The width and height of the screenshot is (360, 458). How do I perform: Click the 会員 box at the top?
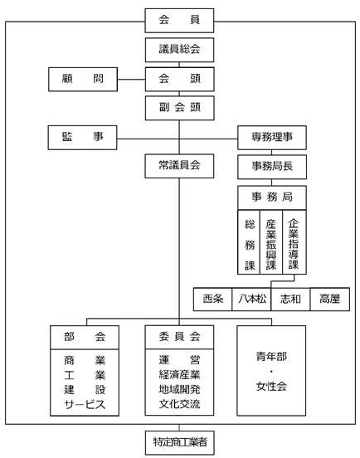179,21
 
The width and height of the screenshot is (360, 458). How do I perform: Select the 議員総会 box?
179,50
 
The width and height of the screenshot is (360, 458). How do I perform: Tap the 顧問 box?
83,79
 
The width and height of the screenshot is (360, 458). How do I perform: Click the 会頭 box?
179,79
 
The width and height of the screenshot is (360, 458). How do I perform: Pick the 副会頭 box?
179,108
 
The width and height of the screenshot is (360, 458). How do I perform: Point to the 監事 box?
83,138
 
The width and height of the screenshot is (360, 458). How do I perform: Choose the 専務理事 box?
272,138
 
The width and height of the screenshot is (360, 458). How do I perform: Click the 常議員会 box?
179,166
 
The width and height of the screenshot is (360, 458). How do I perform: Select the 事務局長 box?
272,167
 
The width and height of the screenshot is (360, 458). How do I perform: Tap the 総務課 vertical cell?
249,241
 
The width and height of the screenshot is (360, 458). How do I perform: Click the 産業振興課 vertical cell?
271,241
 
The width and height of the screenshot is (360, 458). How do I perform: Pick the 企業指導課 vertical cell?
294,241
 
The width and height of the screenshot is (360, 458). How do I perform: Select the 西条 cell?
213,299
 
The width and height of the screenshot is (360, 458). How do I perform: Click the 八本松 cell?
251,299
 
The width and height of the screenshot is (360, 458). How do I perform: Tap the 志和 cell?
290,299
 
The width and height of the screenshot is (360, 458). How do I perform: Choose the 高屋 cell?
329,299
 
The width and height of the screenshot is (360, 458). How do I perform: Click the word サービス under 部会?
85,405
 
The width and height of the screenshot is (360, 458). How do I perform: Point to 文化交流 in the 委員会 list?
179,404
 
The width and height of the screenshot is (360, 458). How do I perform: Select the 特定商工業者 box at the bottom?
179,442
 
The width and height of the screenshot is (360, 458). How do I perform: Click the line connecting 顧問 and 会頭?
131,80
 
